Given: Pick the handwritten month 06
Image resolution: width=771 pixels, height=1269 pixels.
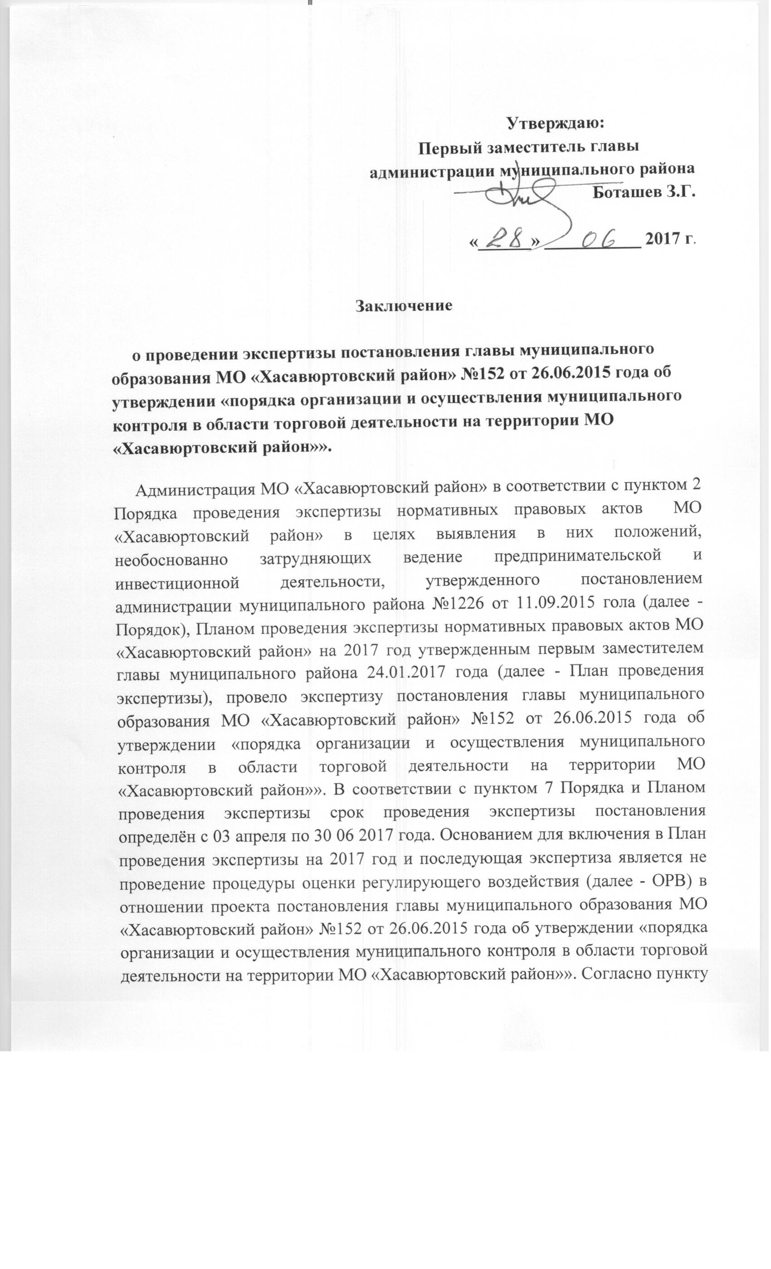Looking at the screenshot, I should (x=593, y=237).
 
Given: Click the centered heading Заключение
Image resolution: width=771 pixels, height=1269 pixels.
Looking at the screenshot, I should (x=404, y=305).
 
